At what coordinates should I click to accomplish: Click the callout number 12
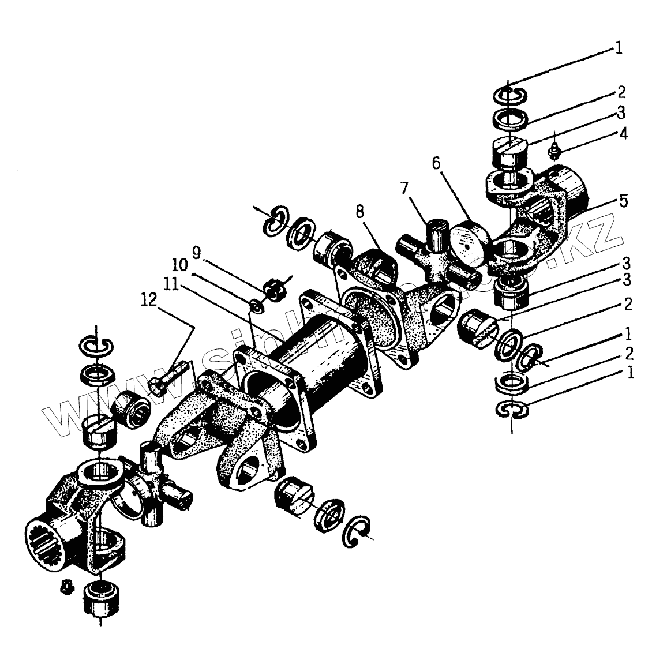(x=149, y=299)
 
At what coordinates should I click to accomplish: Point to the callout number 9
(x=196, y=252)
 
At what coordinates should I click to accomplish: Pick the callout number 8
(x=360, y=211)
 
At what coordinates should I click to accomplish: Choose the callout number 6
(x=436, y=163)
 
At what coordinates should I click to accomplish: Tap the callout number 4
(x=623, y=134)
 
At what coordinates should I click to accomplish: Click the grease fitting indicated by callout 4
(x=554, y=151)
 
